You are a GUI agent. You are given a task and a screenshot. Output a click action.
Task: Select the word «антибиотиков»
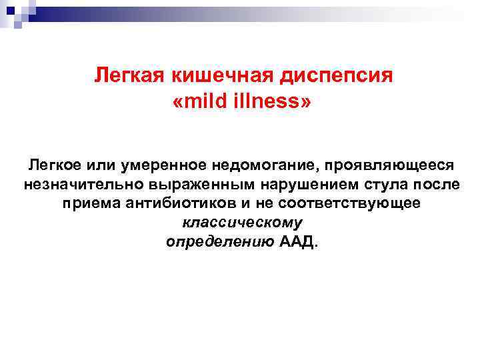coord(175,203)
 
